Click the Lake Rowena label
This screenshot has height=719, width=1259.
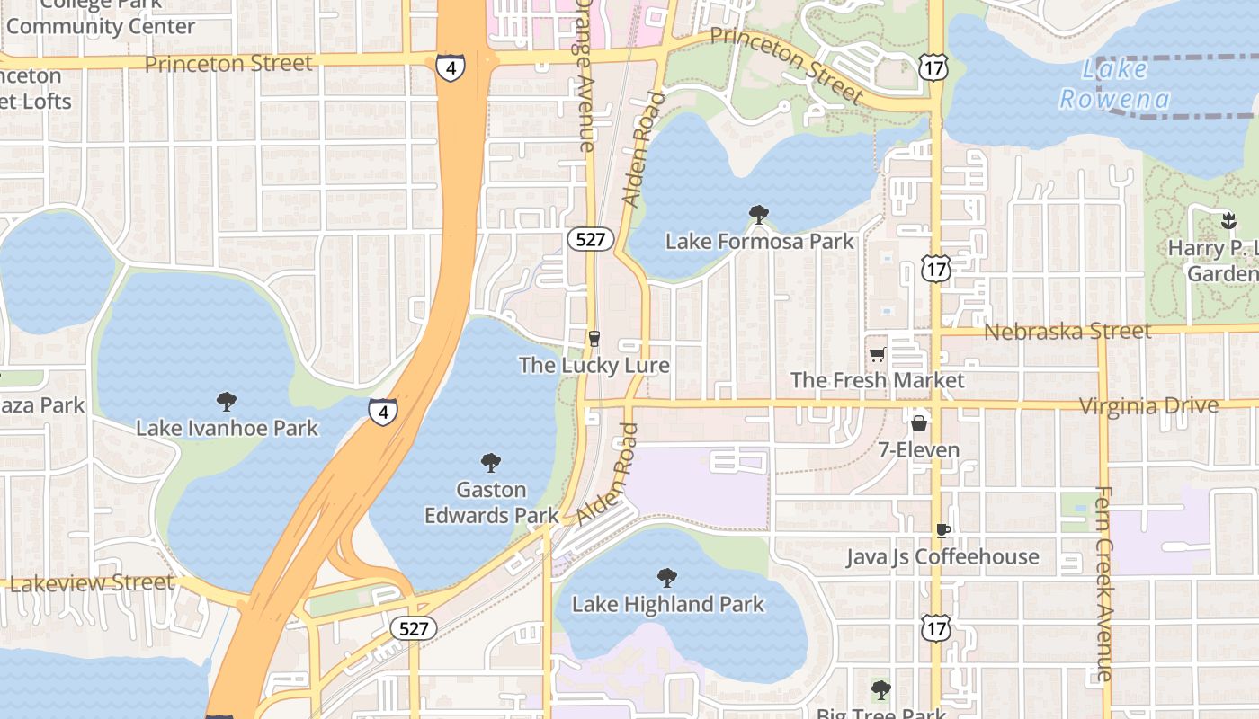tap(1115, 84)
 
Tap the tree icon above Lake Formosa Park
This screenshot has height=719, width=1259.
tap(758, 214)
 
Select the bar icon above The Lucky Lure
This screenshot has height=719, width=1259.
tap(594, 338)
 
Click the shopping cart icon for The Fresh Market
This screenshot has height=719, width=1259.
tap(877, 354)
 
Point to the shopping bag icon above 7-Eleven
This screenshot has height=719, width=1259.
tap(919, 422)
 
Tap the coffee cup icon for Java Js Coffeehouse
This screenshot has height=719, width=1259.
tap(942, 530)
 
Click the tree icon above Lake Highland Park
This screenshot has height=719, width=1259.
tap(666, 577)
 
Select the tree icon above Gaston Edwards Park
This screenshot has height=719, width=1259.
tap(490, 463)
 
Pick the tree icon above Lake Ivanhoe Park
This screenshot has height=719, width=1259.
tap(227, 401)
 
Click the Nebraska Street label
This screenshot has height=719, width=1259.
tap(1067, 332)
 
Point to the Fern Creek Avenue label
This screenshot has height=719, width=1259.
tap(1104, 584)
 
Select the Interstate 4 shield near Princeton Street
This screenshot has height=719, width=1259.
tap(451, 67)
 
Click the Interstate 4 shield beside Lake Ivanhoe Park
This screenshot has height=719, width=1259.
tap(382, 412)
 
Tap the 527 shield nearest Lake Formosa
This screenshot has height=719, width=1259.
tap(591, 239)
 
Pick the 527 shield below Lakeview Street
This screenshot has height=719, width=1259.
tap(414, 628)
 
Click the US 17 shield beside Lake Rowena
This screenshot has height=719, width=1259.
tap(934, 66)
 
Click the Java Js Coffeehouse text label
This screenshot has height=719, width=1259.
tap(942, 557)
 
